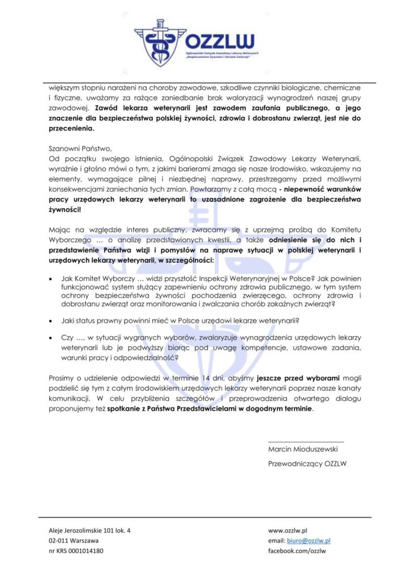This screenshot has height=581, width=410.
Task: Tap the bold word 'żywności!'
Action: pyautogui.click(x=65, y=209)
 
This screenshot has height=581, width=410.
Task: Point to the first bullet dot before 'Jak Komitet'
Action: pyautogui.click(x=52, y=279)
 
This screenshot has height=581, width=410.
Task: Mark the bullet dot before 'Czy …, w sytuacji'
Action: pyautogui.click(x=52, y=338)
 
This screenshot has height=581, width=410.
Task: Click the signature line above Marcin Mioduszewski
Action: pyautogui.click(x=305, y=441)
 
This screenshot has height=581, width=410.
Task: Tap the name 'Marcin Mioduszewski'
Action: pyautogui.click(x=303, y=449)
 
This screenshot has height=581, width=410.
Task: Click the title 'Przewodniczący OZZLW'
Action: pyautogui.click(x=308, y=464)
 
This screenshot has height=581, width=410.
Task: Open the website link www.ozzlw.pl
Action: pyautogui.click(x=287, y=530)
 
